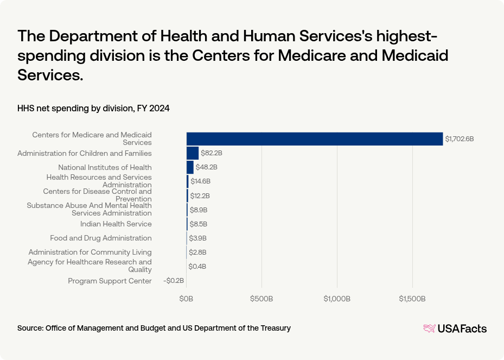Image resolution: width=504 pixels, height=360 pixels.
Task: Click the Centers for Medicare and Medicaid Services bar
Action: [315, 139]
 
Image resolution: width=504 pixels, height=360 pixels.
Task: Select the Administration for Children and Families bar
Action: [193, 153]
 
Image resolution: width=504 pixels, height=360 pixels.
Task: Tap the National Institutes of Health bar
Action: [190, 167]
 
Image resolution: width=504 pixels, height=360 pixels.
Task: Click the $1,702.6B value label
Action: [460, 139]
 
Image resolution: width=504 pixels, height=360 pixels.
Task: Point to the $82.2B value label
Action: [208, 153]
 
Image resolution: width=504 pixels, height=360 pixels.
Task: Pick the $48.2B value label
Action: [206, 167]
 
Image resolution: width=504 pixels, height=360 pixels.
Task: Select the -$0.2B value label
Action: [174, 281]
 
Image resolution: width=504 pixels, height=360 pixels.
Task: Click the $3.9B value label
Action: [197, 238]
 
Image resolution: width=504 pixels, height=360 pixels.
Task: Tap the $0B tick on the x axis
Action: [186, 299]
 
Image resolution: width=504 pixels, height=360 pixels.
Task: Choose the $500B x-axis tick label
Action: [261, 299]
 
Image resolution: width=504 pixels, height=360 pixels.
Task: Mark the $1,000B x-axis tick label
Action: [337, 299]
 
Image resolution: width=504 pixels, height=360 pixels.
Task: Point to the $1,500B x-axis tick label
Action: [412, 299]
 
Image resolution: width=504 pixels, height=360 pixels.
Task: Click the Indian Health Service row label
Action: [116, 224]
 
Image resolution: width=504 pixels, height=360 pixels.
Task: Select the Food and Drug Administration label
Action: [101, 238]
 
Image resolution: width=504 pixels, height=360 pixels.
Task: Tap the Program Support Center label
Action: [110, 281]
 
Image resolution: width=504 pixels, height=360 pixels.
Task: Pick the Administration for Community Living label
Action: [90, 252]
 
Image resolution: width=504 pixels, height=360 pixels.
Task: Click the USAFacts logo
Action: [455, 329]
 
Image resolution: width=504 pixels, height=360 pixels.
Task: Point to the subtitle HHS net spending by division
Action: [93, 109]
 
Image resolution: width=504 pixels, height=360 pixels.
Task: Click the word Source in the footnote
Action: [30, 328]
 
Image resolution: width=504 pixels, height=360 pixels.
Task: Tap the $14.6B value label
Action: [200, 181]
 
